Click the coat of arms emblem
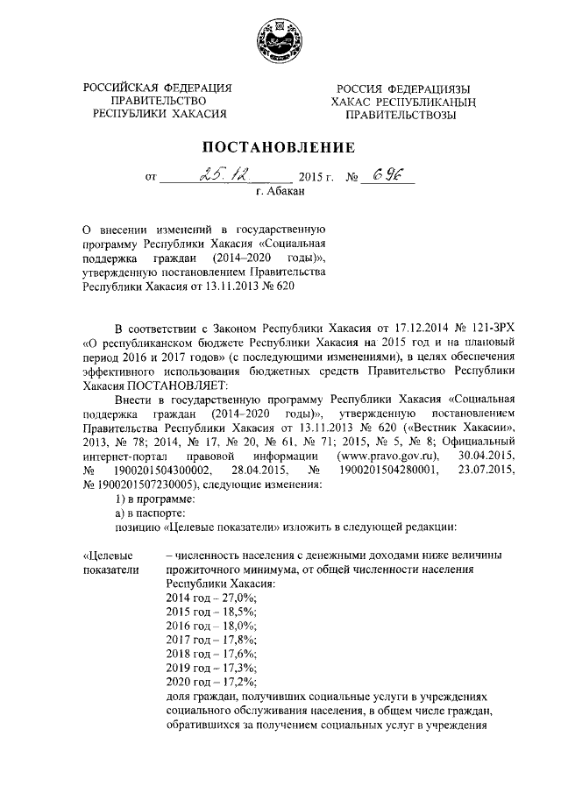(280, 39)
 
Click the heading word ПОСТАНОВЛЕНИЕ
(280, 146)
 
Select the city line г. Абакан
(280, 191)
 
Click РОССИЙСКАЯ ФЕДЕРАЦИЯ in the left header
(158, 87)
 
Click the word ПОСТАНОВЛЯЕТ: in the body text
(176, 386)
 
